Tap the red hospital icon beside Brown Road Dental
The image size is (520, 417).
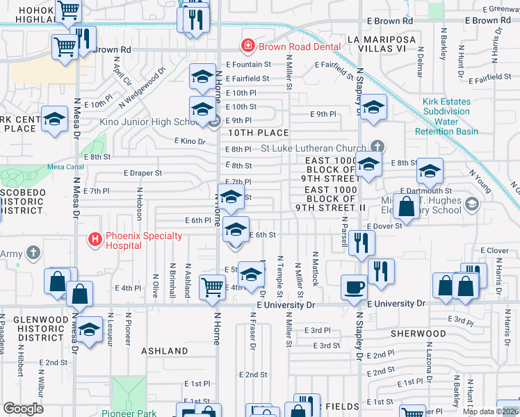pos(246,47)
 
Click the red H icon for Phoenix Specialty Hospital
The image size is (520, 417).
pos(95,240)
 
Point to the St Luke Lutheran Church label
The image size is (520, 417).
pos(313,147)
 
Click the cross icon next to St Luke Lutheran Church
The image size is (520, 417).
pos(377,147)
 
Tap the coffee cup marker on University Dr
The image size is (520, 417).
pos(354,286)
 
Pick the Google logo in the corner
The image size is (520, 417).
pos(23,409)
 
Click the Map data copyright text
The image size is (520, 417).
pos(489,411)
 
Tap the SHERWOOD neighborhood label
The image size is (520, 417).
pos(417,334)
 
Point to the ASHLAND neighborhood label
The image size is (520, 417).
pos(164,351)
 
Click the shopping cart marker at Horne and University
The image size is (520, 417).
pos(212,286)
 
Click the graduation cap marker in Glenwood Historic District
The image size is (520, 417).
pos(89,329)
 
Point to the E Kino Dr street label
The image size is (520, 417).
pos(190,142)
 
